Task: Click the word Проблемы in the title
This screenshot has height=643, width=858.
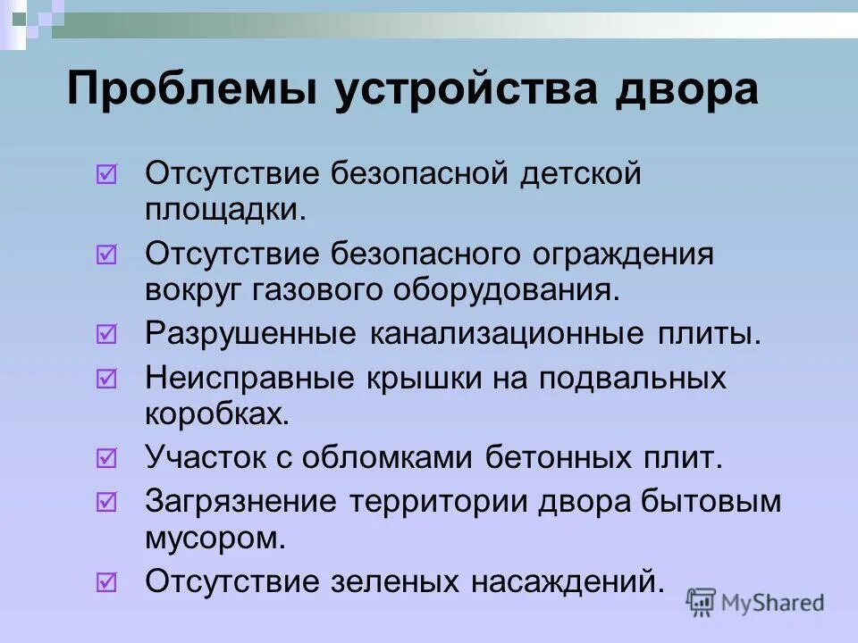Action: point(192,92)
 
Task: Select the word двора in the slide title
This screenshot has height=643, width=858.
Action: point(685,92)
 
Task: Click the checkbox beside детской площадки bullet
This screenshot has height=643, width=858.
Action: point(105,174)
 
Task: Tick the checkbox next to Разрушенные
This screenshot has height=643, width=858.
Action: point(105,335)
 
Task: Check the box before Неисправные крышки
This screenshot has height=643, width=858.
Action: point(105,379)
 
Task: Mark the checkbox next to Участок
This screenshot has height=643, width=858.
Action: point(105,459)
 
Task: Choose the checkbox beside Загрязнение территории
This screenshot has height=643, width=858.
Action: point(105,503)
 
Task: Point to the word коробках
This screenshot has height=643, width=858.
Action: point(216,413)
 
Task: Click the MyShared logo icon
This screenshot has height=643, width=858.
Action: point(702,603)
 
